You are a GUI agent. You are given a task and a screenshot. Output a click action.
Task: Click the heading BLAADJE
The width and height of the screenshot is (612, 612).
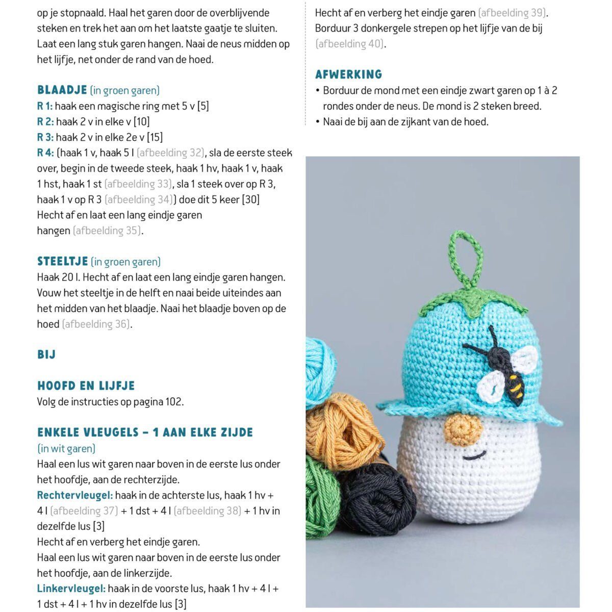[x=62, y=90]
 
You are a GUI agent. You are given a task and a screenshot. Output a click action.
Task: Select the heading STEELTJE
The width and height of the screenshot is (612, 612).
[x=63, y=262]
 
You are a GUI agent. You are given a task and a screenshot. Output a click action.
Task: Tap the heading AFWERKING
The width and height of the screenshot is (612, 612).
[x=348, y=74]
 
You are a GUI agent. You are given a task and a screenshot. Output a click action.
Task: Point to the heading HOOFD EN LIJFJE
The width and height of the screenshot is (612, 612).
[x=86, y=386]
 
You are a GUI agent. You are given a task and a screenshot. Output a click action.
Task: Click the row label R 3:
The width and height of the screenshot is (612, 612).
[x=45, y=137]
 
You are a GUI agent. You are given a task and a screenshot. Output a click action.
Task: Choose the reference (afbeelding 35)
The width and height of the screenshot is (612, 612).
[x=107, y=231]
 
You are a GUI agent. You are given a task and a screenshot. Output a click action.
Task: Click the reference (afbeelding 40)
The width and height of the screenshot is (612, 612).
[x=350, y=44]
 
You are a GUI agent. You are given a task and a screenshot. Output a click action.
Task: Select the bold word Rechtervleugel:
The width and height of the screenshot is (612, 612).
[x=75, y=495]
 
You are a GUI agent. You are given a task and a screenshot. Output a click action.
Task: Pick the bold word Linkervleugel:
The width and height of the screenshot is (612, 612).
[x=71, y=589]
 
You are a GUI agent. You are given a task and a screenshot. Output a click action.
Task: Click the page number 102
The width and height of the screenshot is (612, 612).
[x=173, y=402]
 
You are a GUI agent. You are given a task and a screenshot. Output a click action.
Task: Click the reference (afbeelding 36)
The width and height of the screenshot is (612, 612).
[x=96, y=324]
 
